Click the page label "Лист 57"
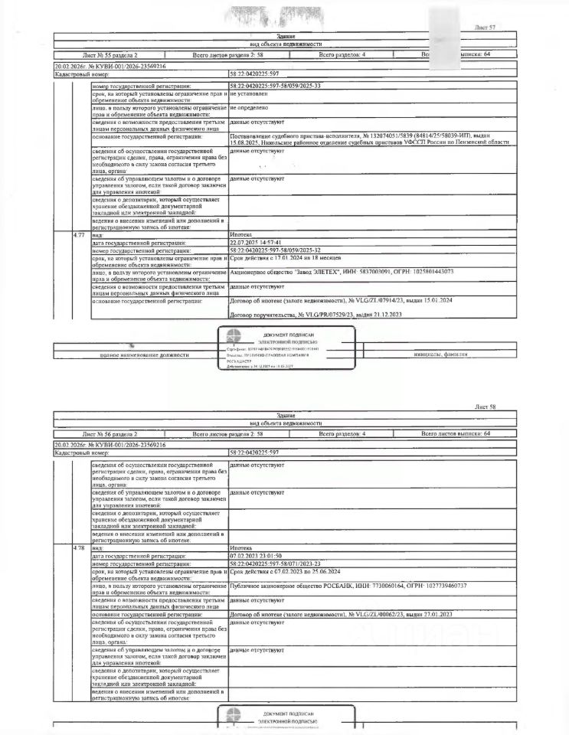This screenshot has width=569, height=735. point(486,28)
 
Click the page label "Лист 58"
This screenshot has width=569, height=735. point(486,408)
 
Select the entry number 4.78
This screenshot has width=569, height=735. point(78,548)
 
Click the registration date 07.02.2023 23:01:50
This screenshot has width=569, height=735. point(257,555)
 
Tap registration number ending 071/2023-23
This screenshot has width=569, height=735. point(275,563)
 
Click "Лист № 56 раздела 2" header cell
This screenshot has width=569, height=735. point(110,433)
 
